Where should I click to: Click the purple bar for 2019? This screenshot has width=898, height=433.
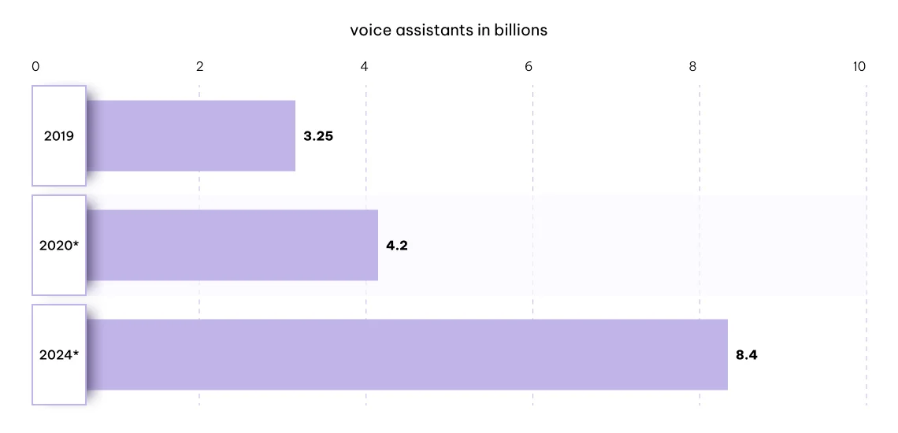[x=191, y=135]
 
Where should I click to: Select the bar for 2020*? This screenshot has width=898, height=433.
[x=232, y=245]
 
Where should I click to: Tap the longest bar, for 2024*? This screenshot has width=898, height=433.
[x=407, y=354]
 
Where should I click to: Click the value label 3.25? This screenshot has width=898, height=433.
[x=318, y=136]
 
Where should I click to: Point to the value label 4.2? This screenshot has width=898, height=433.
[x=397, y=246]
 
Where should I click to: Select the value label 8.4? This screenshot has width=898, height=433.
[x=747, y=355]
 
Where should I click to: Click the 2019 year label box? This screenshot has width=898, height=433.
[x=59, y=136]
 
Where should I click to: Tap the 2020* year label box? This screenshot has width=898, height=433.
[x=59, y=246]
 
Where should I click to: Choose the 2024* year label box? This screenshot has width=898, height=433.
[x=59, y=355]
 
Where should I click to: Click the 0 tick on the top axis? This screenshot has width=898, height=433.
[x=35, y=67]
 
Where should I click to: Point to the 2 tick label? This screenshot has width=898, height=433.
[x=200, y=67]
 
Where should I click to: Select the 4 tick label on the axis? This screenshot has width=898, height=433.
[x=365, y=67]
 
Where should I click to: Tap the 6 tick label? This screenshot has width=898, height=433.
[x=529, y=67]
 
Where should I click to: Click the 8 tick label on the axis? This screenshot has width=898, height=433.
[x=693, y=67]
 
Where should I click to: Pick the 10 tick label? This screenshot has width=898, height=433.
[x=859, y=67]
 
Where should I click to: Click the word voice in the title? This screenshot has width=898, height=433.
[x=366, y=31]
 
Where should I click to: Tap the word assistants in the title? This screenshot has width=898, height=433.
[x=433, y=31]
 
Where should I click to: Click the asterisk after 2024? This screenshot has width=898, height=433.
[x=76, y=353]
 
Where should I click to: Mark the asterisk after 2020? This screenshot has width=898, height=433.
[x=76, y=243]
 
